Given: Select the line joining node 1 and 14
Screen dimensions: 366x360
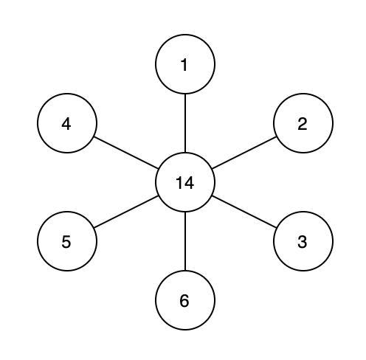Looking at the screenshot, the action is [185, 123].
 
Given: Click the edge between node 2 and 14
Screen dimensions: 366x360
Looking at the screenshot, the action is [244, 153].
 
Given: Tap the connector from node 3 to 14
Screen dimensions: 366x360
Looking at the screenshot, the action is [244, 212].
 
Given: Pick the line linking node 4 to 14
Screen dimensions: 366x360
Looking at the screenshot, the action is [126, 153].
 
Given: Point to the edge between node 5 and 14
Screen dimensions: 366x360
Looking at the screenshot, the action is [126, 212].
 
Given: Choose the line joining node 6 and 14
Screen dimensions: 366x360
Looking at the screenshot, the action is [185, 241].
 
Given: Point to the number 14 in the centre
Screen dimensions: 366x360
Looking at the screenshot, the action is [185, 183].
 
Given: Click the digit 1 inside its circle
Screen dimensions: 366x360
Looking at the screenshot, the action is [184, 65].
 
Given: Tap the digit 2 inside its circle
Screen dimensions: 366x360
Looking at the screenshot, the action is [303, 124].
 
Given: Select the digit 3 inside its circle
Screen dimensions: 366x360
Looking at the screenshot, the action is [303, 242].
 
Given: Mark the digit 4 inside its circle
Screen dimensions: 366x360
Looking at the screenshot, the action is [66, 124].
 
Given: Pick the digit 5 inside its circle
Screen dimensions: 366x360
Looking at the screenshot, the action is [66, 242].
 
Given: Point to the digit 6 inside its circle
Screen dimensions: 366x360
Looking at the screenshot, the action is [184, 301].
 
